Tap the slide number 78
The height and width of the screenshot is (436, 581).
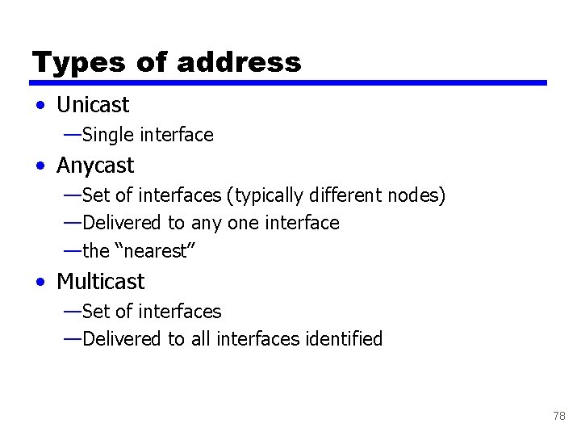pos(559,417)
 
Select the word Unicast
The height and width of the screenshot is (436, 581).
pos(93,105)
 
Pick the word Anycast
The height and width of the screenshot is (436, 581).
pos(95,166)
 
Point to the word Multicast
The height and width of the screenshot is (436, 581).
pos(101,282)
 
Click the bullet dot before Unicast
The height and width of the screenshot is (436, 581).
pos(40,106)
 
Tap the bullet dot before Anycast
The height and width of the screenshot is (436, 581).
pos(40,166)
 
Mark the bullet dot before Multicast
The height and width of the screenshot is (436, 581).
pos(40,283)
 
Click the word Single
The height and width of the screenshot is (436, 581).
pos(108,135)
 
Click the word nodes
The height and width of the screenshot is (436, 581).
pos(415,195)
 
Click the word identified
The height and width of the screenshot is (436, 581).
pos(344,339)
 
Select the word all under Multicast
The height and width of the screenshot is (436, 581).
pos(202,339)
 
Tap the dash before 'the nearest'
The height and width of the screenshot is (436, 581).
pos(72,251)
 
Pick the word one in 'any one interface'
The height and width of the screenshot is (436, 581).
pos(240,224)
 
